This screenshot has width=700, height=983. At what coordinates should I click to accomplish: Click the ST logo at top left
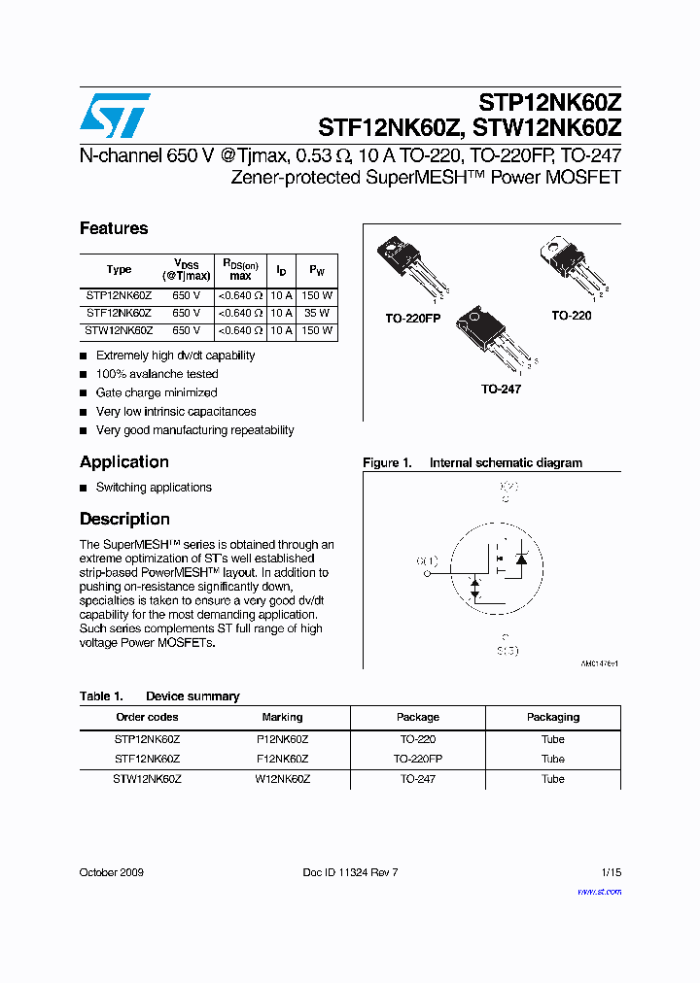tap(115, 117)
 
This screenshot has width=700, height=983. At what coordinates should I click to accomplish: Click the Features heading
tap(114, 228)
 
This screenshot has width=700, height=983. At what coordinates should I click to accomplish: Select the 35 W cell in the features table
tap(317, 314)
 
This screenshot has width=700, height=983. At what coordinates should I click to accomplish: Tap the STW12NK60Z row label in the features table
tap(119, 331)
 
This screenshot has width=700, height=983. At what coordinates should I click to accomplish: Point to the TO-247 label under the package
tap(501, 389)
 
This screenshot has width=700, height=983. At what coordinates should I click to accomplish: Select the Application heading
tap(124, 462)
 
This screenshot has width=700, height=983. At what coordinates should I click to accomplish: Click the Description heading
tap(124, 519)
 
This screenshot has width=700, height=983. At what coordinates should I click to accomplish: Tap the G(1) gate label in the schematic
tap(427, 561)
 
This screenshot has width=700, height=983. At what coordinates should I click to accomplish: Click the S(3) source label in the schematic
tap(507, 650)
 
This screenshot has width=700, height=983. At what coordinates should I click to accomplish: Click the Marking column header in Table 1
tap(282, 717)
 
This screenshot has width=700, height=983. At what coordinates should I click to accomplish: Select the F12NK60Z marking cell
tap(282, 759)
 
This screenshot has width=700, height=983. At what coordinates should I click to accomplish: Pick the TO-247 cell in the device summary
tap(417, 779)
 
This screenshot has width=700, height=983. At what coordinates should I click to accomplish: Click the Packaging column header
tap(552, 717)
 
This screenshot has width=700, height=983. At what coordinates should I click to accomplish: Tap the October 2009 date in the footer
tap(111, 872)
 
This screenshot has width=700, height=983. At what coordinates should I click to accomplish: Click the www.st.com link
tap(599, 891)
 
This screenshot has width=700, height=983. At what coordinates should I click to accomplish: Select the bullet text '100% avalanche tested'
tap(157, 374)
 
